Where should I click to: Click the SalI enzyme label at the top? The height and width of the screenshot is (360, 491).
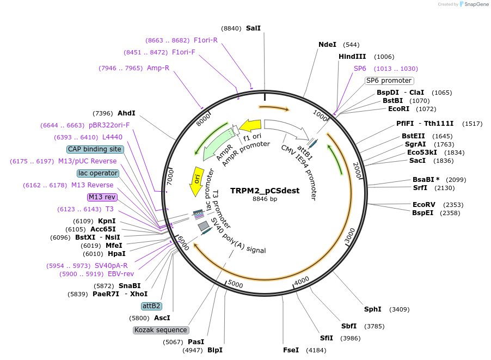253,28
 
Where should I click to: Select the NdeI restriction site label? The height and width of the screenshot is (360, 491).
327,45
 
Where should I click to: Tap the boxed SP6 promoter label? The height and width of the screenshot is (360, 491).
389,81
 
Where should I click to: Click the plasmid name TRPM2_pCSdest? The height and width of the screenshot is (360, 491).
265,191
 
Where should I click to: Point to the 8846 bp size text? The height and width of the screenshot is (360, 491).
265,199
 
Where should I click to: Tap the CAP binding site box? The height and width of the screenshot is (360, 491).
95,149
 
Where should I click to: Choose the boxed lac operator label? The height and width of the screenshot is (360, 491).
98,173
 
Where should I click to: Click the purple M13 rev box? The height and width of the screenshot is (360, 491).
102,197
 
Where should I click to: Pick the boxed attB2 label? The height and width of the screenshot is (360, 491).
151,306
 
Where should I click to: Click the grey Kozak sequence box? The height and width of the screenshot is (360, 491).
161,330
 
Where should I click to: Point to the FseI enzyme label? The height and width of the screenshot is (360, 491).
291,350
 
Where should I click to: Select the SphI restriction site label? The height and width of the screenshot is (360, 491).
373,309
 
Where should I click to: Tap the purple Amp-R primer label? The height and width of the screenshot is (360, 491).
158,68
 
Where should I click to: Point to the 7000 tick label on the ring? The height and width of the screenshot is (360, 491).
170,177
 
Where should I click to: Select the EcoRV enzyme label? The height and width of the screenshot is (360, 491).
423,205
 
